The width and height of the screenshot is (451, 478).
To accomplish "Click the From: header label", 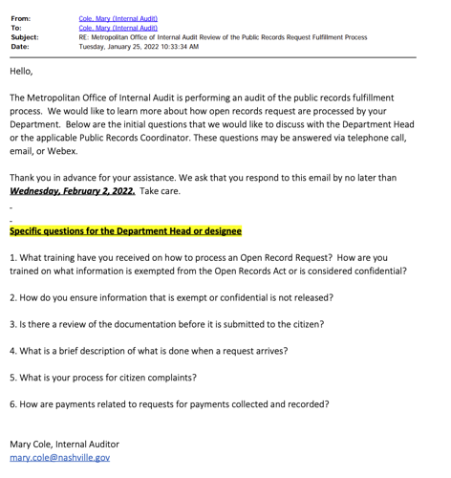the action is tap(20, 17).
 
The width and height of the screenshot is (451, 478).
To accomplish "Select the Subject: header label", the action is tap(25, 36).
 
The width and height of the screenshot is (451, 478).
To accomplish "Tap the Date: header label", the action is tap(20, 46).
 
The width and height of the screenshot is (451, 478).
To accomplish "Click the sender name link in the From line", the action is tap(118, 17).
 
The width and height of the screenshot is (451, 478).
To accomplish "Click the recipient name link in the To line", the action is tap(118, 27).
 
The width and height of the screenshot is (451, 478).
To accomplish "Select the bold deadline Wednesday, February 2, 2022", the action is tap(72, 191).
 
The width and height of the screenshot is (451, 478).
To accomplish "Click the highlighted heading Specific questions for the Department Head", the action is tap(125, 230).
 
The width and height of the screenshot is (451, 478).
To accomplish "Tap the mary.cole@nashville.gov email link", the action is tap(59, 458).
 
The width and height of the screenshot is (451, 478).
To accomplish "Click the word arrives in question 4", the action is tap(267, 350).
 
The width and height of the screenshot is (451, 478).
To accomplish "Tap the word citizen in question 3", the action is tap(297, 324).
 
